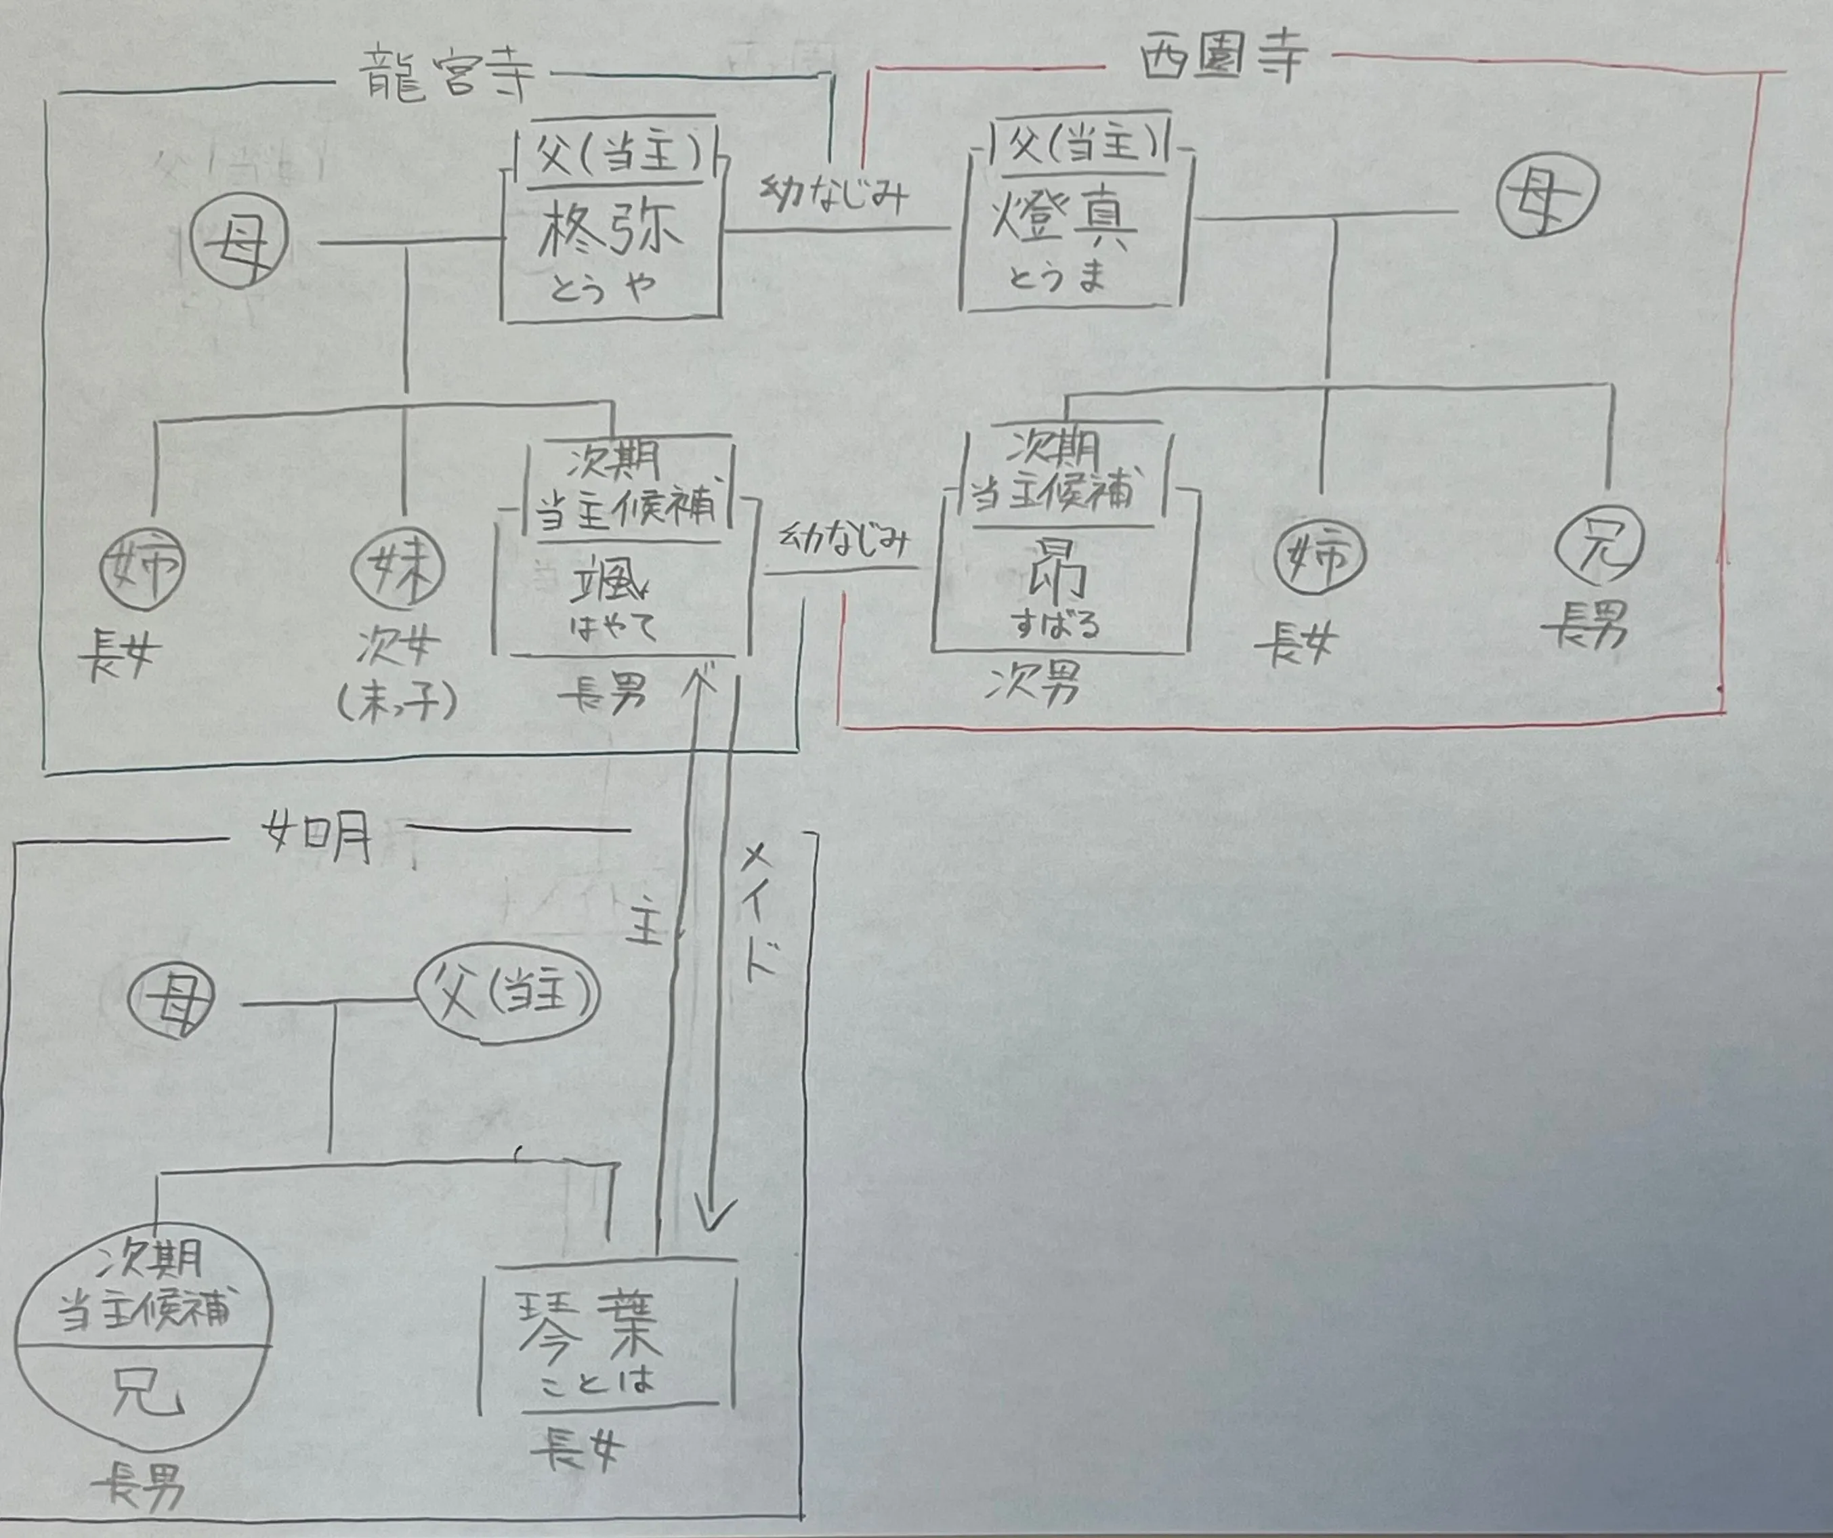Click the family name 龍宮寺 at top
(x=446, y=77)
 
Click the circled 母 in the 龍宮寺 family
(x=240, y=238)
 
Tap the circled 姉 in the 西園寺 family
(x=1319, y=556)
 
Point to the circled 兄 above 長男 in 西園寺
(x=1601, y=544)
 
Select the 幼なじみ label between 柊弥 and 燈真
(x=835, y=193)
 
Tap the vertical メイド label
(x=756, y=913)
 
